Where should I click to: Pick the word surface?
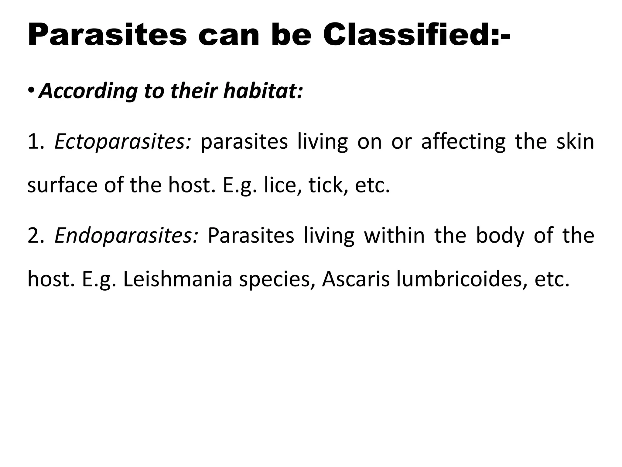pos(62,185)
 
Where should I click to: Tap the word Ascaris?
pos(356,279)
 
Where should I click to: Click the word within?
pos(394,235)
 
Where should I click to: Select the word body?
pos(500,236)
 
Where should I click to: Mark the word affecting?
pos(463,142)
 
